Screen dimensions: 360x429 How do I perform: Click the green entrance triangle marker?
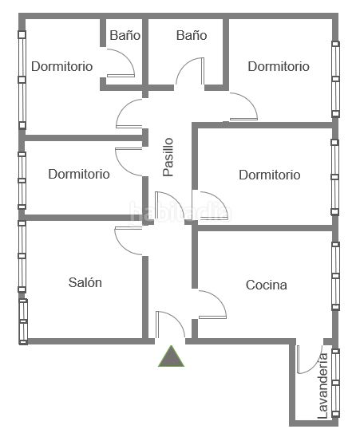172,357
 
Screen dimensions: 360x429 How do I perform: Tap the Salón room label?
85,282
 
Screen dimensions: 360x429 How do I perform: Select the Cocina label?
267,285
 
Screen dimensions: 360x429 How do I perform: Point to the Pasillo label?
168,157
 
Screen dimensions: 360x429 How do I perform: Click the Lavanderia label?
322,386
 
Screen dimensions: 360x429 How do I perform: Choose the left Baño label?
125,35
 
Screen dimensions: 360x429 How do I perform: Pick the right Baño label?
192,35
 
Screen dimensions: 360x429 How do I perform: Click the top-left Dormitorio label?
62,66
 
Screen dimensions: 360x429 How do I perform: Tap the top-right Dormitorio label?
279,66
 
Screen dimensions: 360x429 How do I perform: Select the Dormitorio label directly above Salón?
79,174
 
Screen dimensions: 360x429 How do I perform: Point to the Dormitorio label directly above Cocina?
270,175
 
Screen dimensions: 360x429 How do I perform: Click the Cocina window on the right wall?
335,276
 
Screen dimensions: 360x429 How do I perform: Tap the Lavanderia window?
335,383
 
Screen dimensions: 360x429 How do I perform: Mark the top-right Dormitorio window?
335,79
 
